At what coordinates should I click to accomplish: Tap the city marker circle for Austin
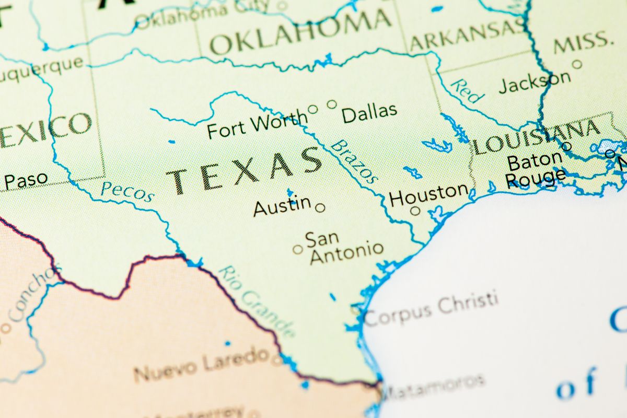[320, 207]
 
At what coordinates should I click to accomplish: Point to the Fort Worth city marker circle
[312, 109]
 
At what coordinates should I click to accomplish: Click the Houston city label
[429, 195]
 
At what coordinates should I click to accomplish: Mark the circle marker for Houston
[415, 211]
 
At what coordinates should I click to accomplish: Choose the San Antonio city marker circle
[298, 249]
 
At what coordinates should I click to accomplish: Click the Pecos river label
[127, 192]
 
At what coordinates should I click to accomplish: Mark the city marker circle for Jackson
[577, 64]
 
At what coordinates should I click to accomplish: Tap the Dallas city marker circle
[332, 104]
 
